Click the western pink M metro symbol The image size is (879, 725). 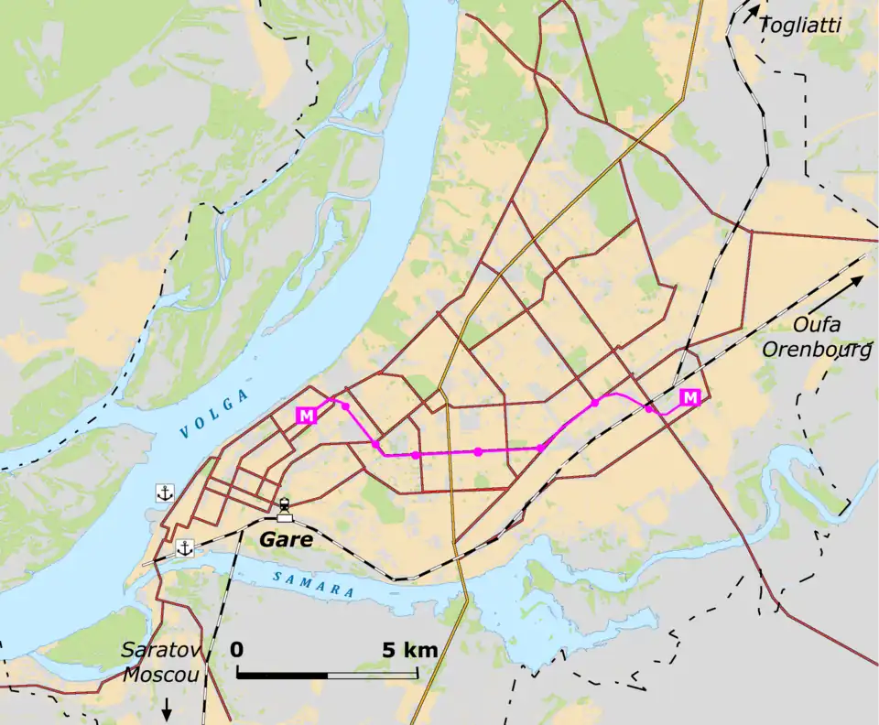[x=306, y=415]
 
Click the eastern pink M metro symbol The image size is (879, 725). [x=690, y=397]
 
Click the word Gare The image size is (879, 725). [x=286, y=539]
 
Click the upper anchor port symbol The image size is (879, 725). [x=165, y=493]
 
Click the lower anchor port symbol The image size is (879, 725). [x=184, y=548]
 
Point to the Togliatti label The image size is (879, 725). [x=800, y=27]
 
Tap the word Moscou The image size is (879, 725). [x=161, y=675]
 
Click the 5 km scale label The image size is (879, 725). [x=409, y=651]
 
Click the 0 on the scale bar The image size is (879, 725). [x=237, y=651]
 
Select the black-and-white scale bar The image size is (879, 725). [x=328, y=674]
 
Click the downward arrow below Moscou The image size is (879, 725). [x=167, y=709]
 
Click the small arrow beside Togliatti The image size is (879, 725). [x=752, y=13]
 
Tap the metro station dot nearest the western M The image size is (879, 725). [x=345, y=406]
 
